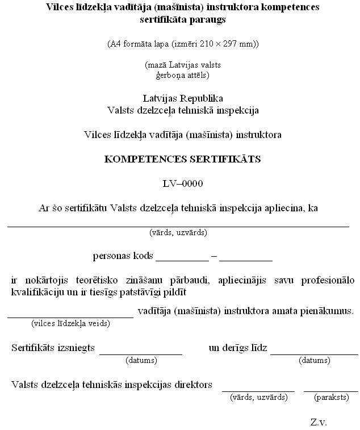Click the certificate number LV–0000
pyautogui.click(x=182, y=183)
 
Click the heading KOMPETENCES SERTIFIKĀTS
pyautogui.click(x=182, y=159)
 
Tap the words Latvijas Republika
pyautogui.click(x=182, y=98)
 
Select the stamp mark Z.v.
pyautogui.click(x=319, y=422)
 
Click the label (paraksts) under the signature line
pyautogui.click(x=331, y=398)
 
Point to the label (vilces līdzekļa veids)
pyautogui.click(x=70, y=324)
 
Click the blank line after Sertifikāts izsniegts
pyautogui.click(x=141, y=353)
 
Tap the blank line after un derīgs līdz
pyautogui.click(x=314, y=353)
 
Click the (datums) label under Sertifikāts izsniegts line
pyautogui.click(x=141, y=360)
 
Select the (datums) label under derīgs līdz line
pyautogui.click(x=314, y=360)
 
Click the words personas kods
pyautogui.click(x=123, y=256)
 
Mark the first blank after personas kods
pyautogui.click(x=182, y=259)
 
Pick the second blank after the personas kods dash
pyautogui.click(x=246, y=259)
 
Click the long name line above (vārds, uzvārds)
pyautogui.click(x=178, y=226)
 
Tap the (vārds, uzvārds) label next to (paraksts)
pyautogui.click(x=258, y=398)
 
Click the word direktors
pyautogui.click(x=192, y=385)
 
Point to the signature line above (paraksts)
pyautogui.click(x=330, y=391)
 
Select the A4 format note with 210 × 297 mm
pyautogui.click(x=182, y=44)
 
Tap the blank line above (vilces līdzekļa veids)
pyautogui.click(x=70, y=316)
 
